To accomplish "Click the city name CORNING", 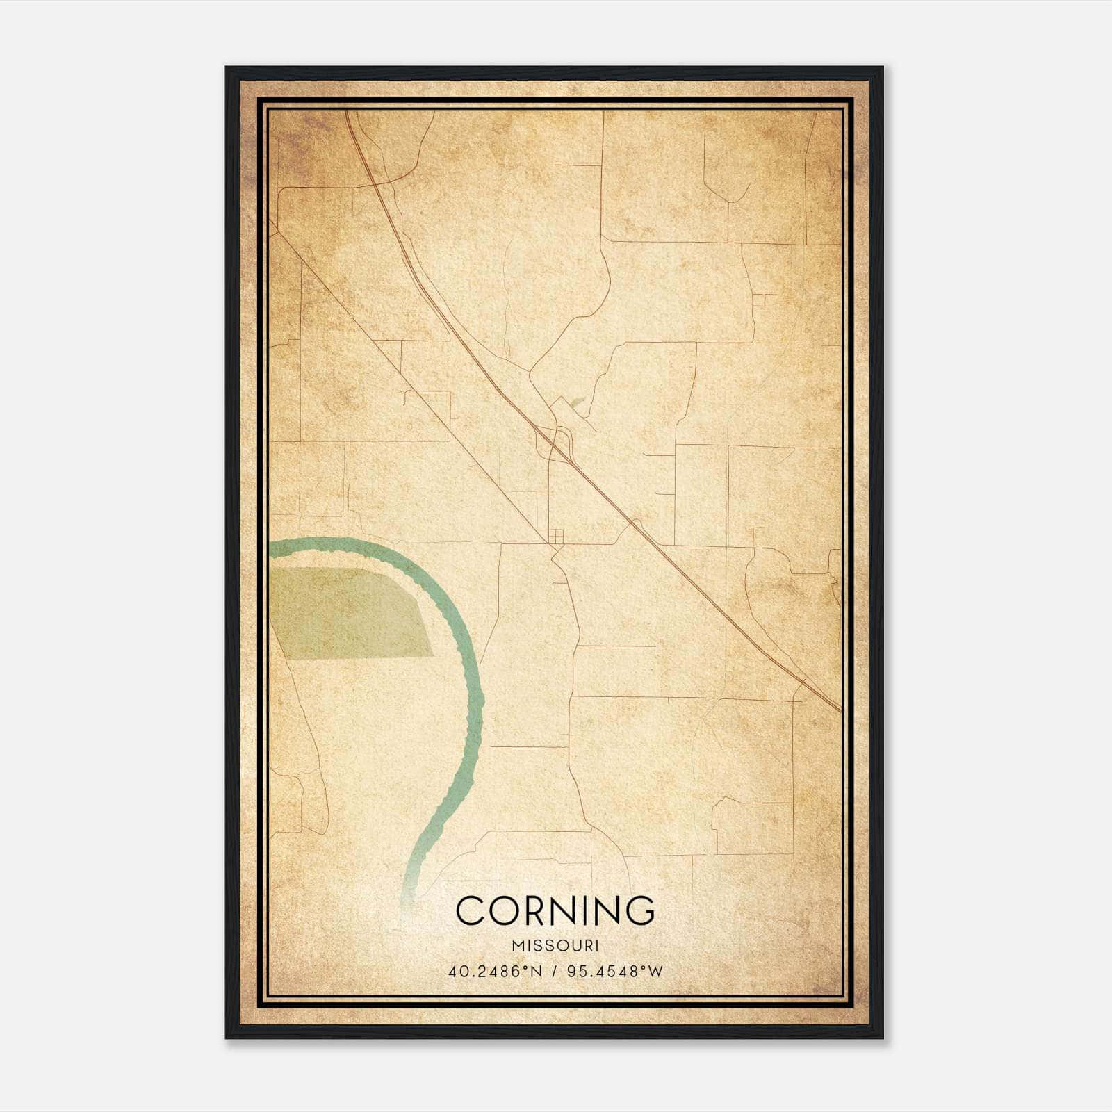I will pos(555,910).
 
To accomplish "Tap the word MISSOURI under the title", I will pos(555,945).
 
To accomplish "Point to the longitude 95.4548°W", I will pos(615,972).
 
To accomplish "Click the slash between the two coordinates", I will pos(554,972).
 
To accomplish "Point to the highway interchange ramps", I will pos(554,441).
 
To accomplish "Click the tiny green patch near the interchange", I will pos(575,401).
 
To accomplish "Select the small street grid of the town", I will pos(556,536).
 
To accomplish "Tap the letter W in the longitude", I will pos(655,972).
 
